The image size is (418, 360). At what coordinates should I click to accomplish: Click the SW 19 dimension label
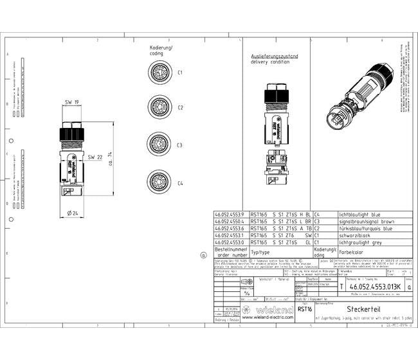pyautogui.click(x=72, y=102)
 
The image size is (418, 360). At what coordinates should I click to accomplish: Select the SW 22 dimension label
pyautogui.click(x=96, y=157)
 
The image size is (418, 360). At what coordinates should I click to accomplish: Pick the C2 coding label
pyautogui.click(x=181, y=108)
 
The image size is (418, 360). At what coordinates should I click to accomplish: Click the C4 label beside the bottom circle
pyautogui.click(x=181, y=184)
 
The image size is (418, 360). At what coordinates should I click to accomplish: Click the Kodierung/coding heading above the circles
pyautogui.click(x=161, y=51)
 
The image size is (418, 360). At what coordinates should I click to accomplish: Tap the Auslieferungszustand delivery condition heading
pyautogui.click(x=274, y=60)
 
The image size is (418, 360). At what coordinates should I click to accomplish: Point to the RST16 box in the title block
pyautogui.click(x=304, y=309)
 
